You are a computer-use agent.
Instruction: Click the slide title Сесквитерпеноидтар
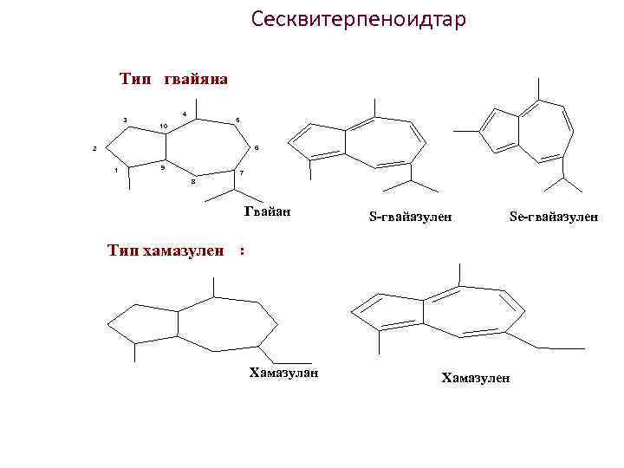tap(358, 19)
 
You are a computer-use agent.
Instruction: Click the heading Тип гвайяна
tap(173, 80)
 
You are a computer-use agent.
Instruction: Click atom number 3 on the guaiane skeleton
tap(125, 120)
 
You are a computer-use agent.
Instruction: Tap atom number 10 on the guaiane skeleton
tap(163, 127)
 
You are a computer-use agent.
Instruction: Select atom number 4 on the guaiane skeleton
tap(185, 114)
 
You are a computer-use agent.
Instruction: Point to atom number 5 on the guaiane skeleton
tap(238, 120)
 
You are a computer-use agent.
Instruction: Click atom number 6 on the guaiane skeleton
tap(257, 147)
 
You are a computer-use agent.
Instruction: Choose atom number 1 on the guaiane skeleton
tap(116, 170)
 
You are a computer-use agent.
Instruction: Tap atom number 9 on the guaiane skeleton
tap(163, 165)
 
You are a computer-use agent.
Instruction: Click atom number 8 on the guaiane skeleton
tap(192, 182)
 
